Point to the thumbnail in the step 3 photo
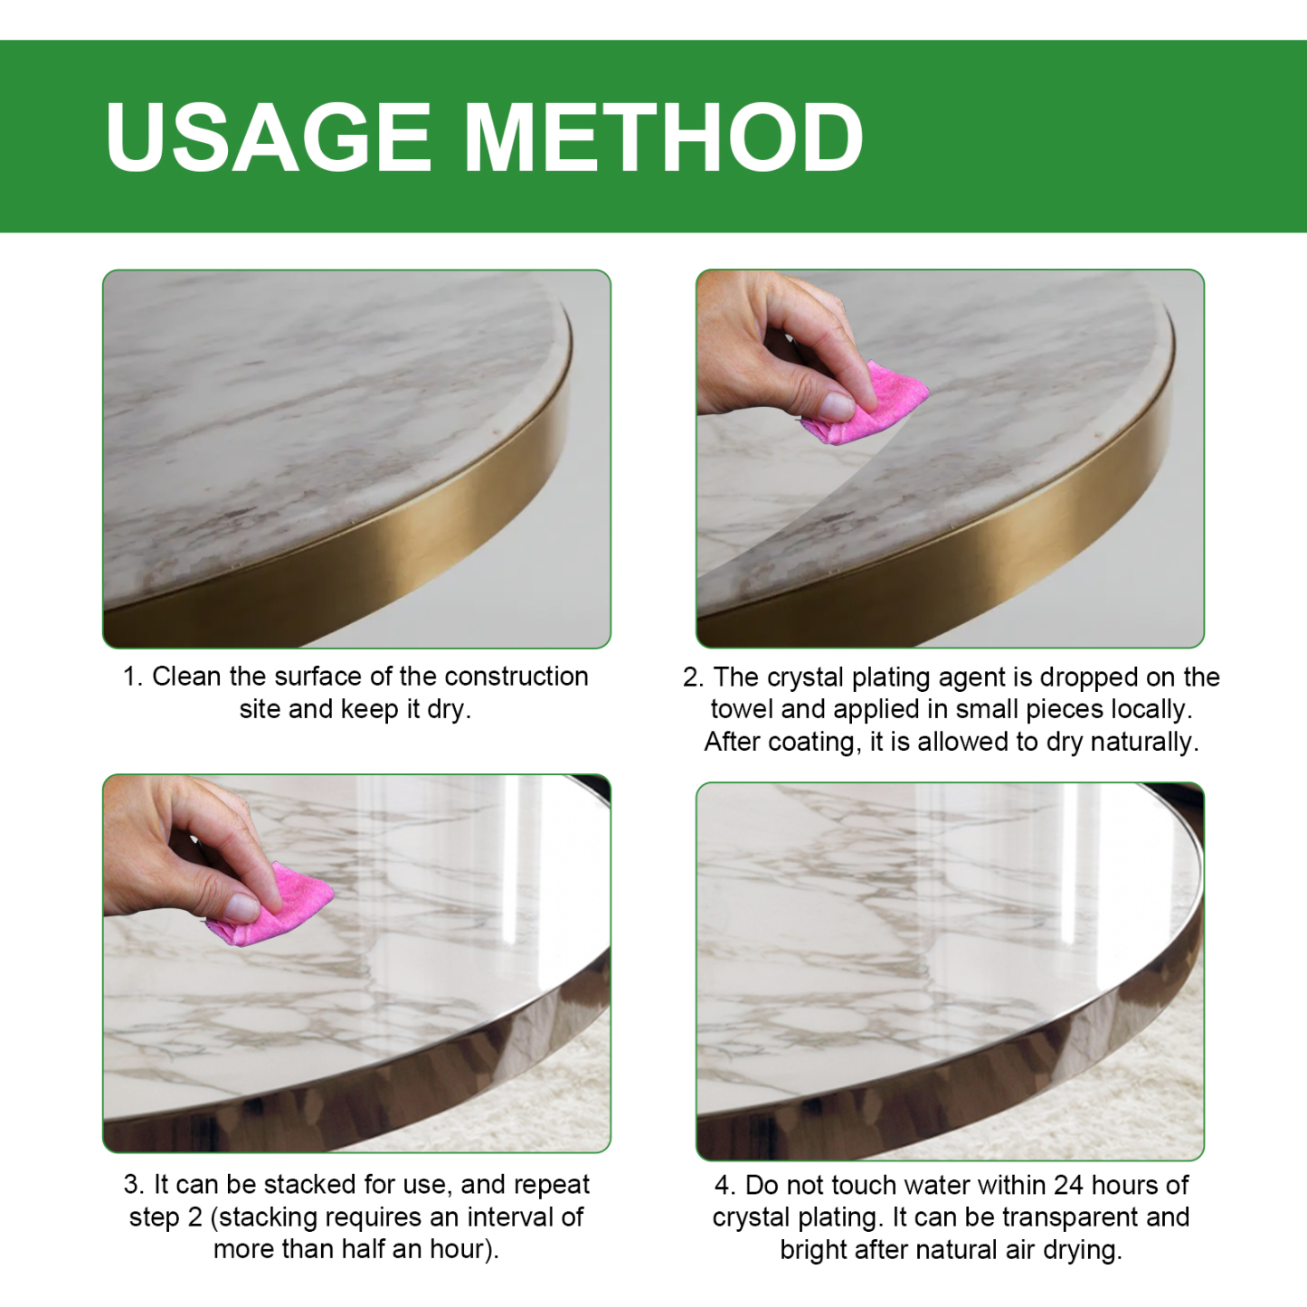tap(242, 905)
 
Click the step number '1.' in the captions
tap(133, 677)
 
